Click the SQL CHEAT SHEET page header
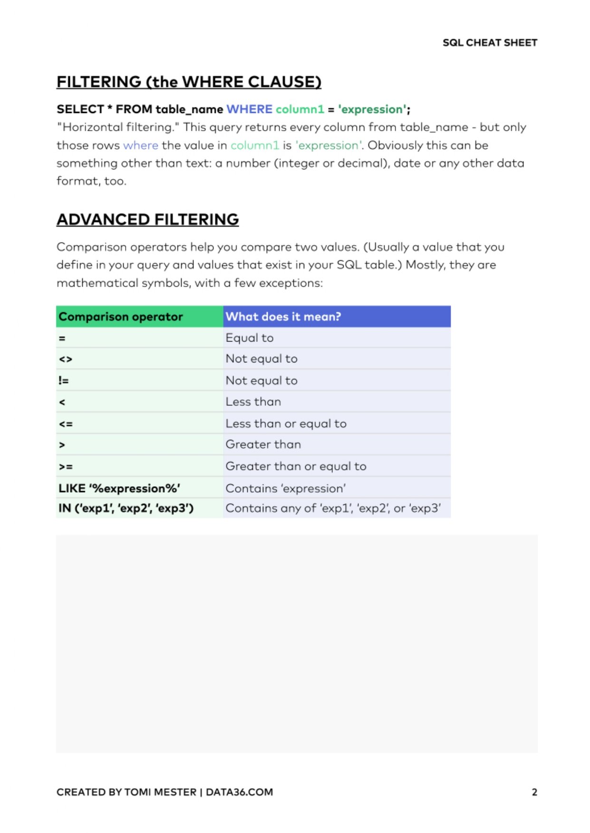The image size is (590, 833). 490,43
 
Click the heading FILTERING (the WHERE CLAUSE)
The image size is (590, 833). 189,82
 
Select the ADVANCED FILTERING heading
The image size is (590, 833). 147,219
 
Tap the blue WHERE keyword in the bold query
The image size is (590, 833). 249,109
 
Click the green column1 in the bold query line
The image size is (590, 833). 300,109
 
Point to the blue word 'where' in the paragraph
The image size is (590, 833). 140,145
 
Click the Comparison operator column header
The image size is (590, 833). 121,317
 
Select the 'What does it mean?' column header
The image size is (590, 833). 283,317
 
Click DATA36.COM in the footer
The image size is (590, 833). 239,792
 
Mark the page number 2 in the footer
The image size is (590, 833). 534,792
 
